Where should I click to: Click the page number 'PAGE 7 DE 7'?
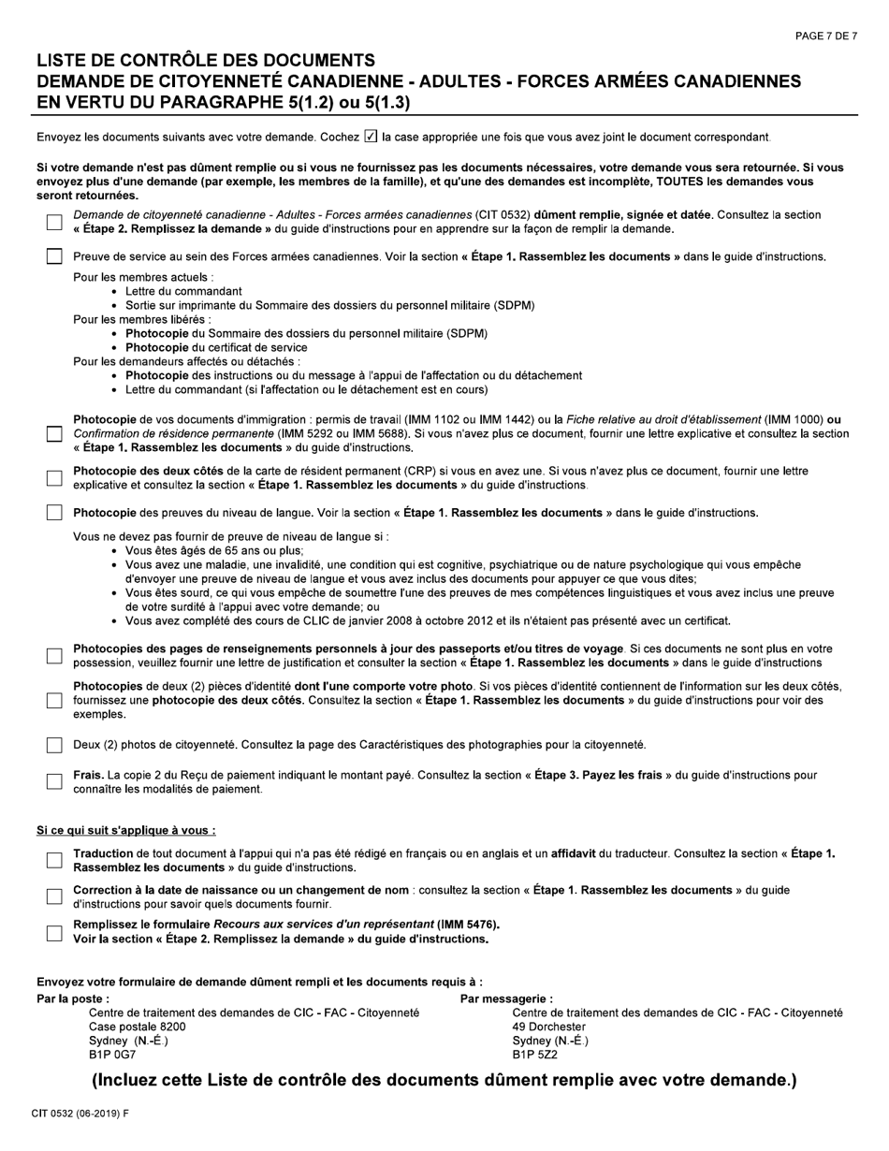point(825,36)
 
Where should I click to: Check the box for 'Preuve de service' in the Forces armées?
point(54,256)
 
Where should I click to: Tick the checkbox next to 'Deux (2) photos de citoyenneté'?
point(54,745)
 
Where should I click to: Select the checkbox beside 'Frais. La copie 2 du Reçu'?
point(54,781)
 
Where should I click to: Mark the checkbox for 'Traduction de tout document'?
point(54,860)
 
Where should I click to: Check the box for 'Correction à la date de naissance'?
point(54,896)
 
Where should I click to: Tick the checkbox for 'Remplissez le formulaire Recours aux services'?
point(54,932)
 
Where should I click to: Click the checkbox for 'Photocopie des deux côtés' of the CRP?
point(54,478)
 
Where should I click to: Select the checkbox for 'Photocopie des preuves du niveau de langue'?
point(54,513)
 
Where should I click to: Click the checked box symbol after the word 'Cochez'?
point(371,137)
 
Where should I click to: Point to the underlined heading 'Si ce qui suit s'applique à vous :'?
point(126,830)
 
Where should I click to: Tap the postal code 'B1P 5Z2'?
point(535,1055)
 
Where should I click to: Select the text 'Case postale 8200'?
point(137,1027)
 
